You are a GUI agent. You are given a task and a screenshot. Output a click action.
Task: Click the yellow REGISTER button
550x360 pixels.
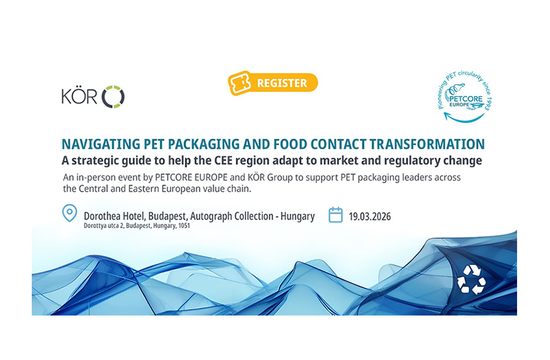point(273,83)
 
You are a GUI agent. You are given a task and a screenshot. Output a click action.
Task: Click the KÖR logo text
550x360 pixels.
point(80,96)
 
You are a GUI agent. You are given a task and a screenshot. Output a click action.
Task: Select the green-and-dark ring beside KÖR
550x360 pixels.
point(113,97)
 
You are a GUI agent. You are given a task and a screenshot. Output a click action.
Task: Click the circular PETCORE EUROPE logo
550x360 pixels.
point(464,92)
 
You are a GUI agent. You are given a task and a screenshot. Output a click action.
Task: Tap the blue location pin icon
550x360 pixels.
point(69,213)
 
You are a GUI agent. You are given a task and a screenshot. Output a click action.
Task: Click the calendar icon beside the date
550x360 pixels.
point(335,216)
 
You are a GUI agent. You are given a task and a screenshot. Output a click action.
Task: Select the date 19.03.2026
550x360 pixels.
point(370,217)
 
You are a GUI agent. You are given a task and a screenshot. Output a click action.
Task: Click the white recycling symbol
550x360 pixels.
point(471,280)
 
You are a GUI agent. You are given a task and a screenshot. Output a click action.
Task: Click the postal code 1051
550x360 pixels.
point(183,226)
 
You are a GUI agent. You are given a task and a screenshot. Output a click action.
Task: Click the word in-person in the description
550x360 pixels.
point(94,177)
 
